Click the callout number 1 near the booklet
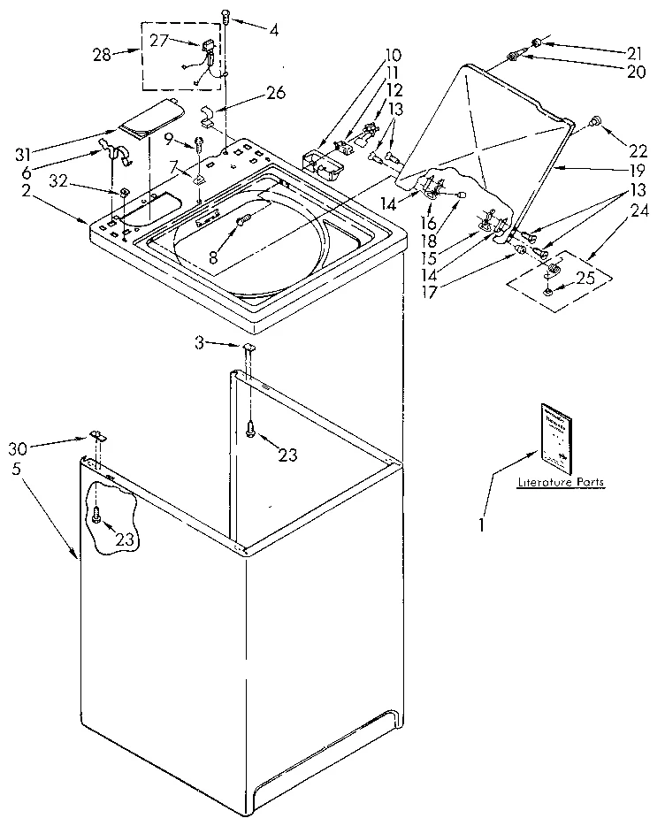482,524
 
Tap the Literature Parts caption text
562,483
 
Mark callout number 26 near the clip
276,92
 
